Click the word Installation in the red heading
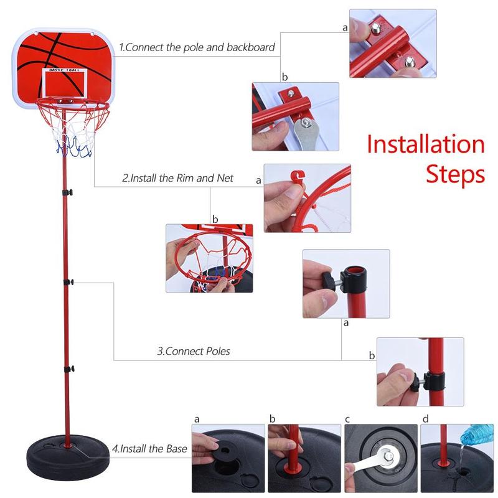coord(425,144)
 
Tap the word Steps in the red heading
coord(455,174)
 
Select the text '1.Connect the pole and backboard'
coord(197,47)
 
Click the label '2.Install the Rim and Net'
coord(177,178)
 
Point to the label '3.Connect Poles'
coord(193,351)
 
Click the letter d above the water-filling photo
coord(425,418)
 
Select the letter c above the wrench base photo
coord(348,418)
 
